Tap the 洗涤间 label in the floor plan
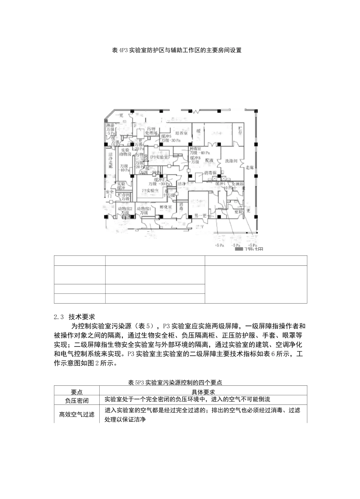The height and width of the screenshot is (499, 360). (230, 161)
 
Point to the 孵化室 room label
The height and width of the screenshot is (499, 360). (166, 207)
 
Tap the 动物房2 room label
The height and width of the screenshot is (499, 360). (125, 209)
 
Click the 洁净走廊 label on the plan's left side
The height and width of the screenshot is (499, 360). (111, 160)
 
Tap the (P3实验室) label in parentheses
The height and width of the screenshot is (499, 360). (159, 156)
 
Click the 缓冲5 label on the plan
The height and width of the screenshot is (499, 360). (166, 136)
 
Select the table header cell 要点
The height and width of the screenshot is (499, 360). (77, 391)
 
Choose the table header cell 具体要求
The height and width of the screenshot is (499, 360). (203, 391)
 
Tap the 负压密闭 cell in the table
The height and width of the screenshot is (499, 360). (77, 400)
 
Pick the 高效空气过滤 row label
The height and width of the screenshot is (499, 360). (77, 414)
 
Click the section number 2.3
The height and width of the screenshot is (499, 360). (59, 317)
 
